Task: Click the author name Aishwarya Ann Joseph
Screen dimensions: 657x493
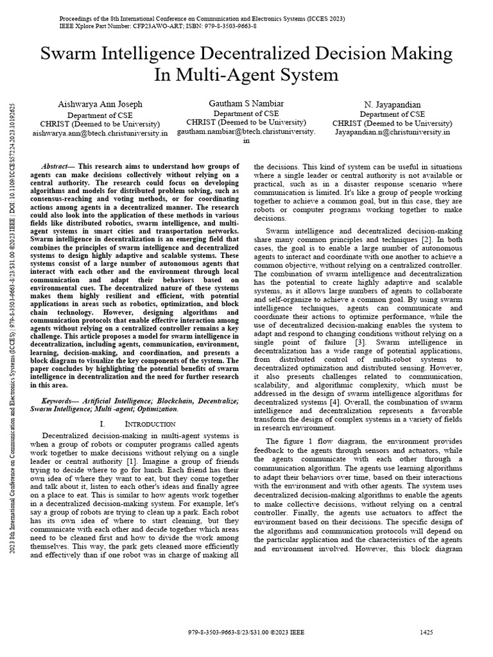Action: [x=100, y=105]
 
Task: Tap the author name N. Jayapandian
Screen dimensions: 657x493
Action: [x=393, y=105]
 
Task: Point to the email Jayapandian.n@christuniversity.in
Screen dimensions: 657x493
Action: [x=393, y=132]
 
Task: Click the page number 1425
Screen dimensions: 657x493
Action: [x=427, y=632]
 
